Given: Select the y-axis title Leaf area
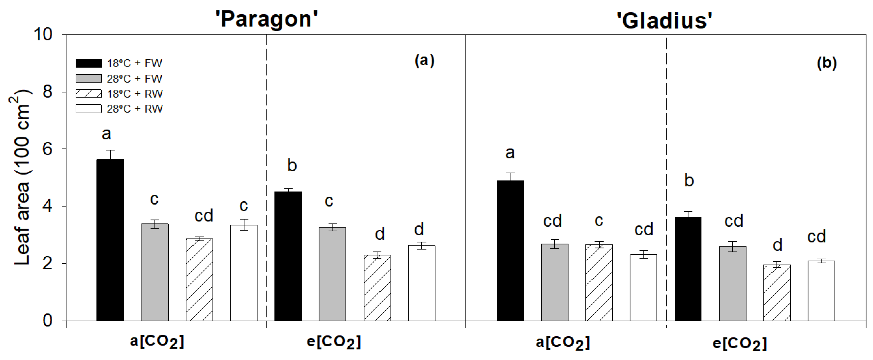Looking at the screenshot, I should coord(21,176).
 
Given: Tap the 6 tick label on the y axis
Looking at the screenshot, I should coord(47,149).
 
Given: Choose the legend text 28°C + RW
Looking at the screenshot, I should coord(135,109).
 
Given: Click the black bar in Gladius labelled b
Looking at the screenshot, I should coord(688,269).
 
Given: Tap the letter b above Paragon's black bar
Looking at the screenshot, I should coord(292,165).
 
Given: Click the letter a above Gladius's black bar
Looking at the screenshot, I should coord(510,153).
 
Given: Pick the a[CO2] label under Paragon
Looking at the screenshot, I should coord(157,342).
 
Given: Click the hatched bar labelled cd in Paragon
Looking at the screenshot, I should coord(199,280).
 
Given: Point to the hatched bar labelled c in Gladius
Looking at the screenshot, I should coord(599,282).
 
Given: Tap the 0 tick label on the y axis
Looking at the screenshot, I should coord(47,321).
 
